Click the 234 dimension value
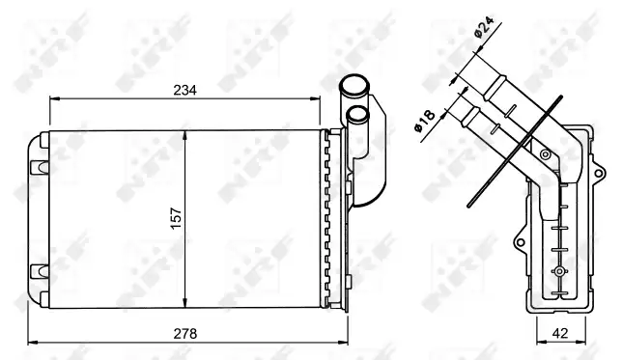coord(184,91)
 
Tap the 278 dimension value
coord(185,334)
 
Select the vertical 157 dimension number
coord(176,218)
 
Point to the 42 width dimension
coord(560,333)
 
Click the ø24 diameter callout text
coord(484,27)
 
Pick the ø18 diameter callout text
coord(425,121)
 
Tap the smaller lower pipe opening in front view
coord(357,114)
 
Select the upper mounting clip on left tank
coord(39,167)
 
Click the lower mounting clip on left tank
coord(39,270)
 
